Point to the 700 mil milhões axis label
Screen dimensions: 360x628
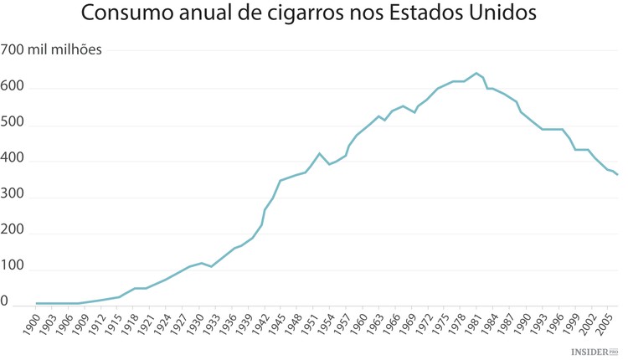51,50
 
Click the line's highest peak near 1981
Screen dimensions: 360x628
476,73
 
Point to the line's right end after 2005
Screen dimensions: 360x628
618,175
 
